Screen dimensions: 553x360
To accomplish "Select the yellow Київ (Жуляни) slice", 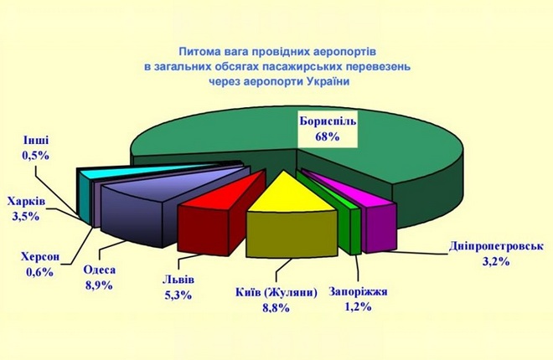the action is pos(290,222).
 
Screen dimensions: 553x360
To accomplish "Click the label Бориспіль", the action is pos(328,121).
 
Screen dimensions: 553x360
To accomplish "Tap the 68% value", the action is pos(328,136).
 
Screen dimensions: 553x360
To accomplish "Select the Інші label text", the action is pos(36,140).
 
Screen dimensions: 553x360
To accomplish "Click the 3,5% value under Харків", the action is pos(25,216).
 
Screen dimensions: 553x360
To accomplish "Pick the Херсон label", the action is pos(40,257).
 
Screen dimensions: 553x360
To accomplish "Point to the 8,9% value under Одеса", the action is pos(99,285).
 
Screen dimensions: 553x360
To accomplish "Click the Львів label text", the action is pos(178,280).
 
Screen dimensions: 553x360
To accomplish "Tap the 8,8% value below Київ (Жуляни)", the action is pos(276,308).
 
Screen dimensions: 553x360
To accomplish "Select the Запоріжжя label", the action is pos(358,291).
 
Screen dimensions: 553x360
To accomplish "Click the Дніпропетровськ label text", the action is pos(496,246).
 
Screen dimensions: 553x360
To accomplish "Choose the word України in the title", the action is pos(328,82).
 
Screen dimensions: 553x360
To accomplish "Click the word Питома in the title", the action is pos(199,51).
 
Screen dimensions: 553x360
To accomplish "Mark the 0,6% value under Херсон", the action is pos(39,271).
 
